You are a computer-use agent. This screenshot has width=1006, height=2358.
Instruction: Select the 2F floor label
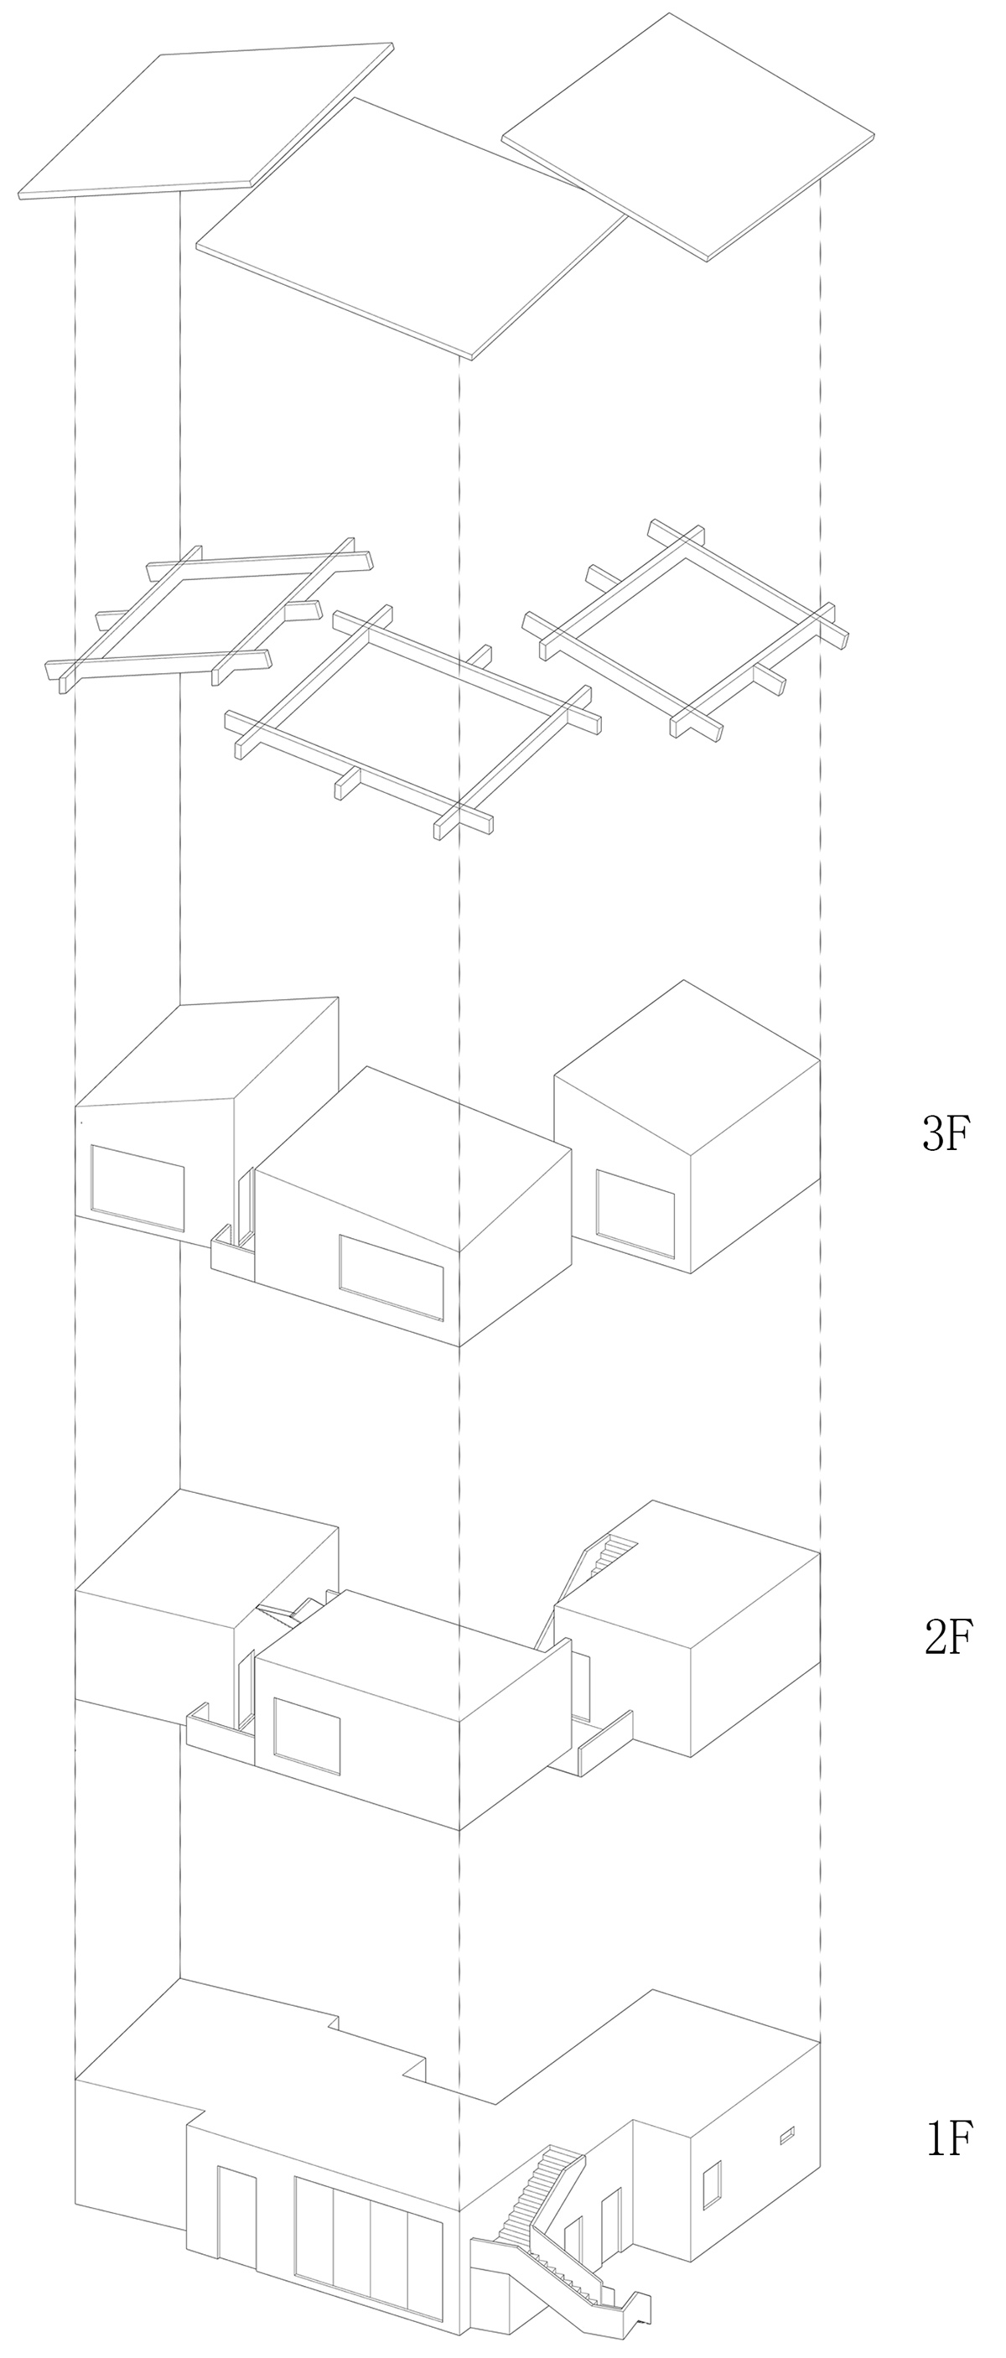click(946, 1637)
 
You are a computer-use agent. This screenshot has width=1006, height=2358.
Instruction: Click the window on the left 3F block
click(137, 1188)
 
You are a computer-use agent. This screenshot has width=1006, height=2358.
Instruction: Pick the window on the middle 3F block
click(391, 1277)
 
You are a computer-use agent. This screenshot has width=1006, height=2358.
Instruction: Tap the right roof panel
click(687, 137)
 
